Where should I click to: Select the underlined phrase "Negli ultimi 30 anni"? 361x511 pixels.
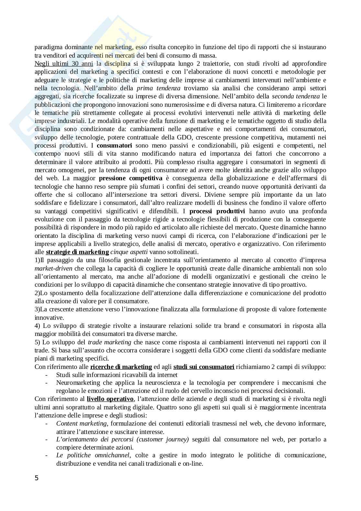59,63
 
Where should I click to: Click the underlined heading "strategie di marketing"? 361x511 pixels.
77,252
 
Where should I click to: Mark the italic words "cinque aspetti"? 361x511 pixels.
125,252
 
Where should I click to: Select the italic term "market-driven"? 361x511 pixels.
53,269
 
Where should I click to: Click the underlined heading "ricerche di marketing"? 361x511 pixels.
121,367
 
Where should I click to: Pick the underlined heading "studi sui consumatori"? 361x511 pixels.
204,367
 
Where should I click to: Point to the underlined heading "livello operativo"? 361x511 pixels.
110,399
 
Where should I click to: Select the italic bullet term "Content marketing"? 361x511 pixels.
81,424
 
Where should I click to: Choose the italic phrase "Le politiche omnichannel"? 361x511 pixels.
93,455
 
